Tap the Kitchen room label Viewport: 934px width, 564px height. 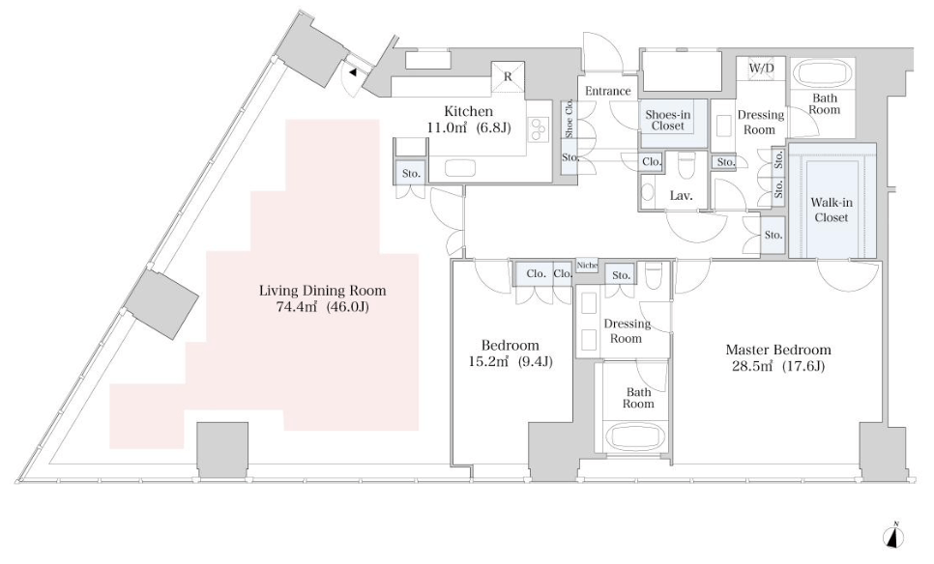468,111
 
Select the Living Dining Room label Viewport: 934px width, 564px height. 322,291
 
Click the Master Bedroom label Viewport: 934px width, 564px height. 778,350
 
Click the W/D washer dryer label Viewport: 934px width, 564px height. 761,68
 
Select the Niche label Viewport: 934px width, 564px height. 587,266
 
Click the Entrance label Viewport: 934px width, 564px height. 607,91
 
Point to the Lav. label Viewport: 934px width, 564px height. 681,196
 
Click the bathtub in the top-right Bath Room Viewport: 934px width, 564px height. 823,75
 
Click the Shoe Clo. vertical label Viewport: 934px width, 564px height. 569,120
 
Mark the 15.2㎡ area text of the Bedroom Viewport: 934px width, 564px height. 488,361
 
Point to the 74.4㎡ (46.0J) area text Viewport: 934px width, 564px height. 322,307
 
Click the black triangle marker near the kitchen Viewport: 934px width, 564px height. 353,72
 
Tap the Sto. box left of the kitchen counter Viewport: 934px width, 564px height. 411,173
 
